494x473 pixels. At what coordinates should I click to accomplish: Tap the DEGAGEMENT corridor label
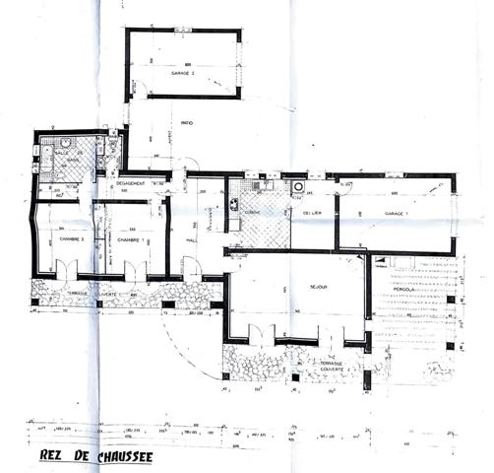click(131, 184)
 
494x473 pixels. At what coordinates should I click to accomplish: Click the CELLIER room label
click(314, 211)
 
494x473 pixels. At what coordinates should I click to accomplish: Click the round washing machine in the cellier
click(297, 186)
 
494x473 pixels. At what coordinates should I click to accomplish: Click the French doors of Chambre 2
click(66, 267)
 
